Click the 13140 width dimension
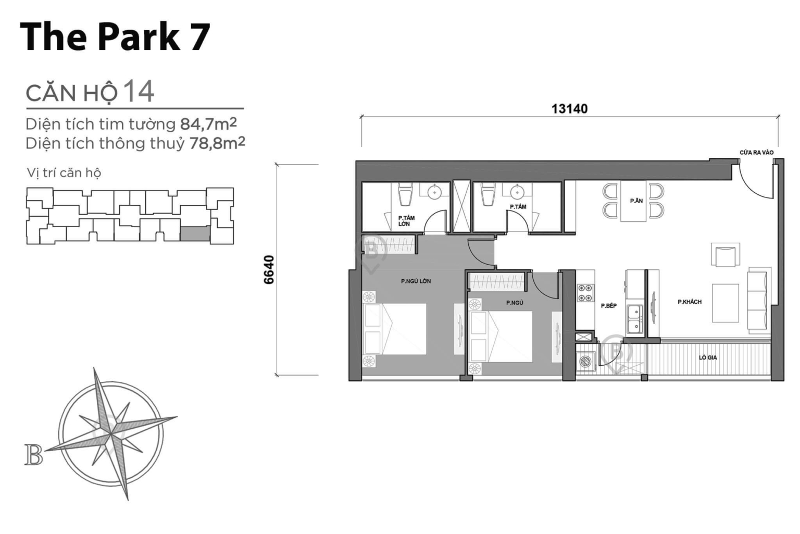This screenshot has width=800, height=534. [569, 109]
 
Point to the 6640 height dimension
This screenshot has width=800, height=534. [269, 269]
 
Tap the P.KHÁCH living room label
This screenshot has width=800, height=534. [689, 302]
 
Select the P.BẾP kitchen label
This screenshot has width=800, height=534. [608, 306]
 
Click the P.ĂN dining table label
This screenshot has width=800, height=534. [636, 201]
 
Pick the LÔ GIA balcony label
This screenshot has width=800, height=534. [708, 358]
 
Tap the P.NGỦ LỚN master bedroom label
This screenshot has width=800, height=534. [416, 281]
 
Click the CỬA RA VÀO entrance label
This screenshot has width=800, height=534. [756, 153]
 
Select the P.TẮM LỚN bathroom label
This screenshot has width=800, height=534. [406, 221]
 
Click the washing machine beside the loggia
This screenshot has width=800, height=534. [586, 360]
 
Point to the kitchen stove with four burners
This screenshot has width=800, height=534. [585, 292]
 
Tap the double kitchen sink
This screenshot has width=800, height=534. [634, 319]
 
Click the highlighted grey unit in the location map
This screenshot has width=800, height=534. [194, 233]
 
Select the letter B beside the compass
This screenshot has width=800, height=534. [33, 454]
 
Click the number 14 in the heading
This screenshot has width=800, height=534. [139, 91]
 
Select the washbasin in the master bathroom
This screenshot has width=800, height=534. [434, 193]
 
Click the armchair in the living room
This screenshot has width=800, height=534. [725, 255]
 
